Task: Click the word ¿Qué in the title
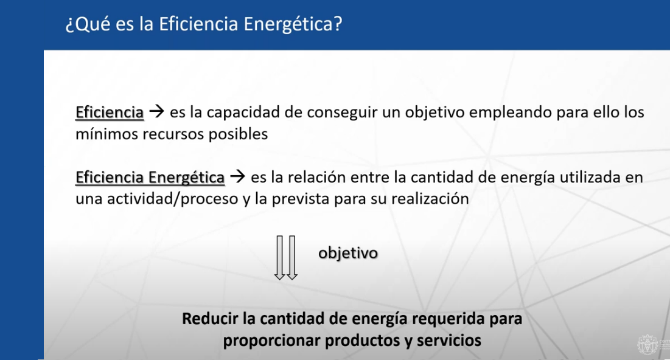point(87,24)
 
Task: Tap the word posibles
point(238,135)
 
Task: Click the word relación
point(316,178)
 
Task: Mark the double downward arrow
point(286,257)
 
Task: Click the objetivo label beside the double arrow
point(348,254)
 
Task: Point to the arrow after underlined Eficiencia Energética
point(237,176)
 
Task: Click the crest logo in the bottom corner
point(648,344)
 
